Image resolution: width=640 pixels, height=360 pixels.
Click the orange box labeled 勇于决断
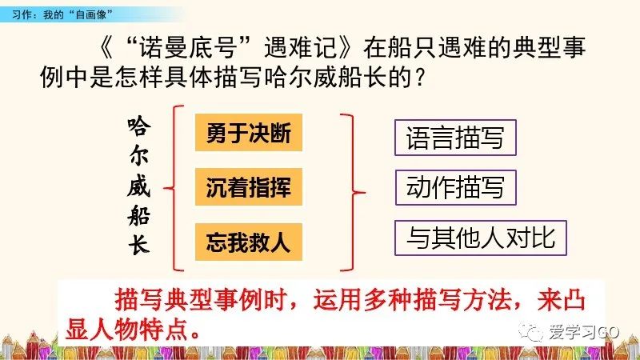248,134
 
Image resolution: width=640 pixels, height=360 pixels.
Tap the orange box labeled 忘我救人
248,241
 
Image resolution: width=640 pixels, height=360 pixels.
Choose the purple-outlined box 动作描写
455,188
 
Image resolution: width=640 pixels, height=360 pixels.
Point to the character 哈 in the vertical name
139,128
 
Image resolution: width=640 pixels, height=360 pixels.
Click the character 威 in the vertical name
139,187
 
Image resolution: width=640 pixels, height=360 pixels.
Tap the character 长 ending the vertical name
139,246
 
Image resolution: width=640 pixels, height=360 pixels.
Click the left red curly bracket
174,188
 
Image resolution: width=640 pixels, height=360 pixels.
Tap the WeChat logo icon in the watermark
529,330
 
